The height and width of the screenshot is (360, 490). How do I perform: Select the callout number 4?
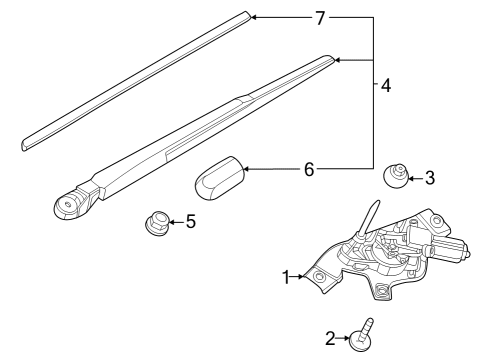(x=385, y=86)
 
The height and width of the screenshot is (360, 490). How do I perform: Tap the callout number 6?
(x=309, y=170)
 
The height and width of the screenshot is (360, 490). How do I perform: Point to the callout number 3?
(x=430, y=178)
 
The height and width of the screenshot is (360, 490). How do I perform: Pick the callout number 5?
(x=190, y=221)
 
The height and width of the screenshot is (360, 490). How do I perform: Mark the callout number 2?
(x=331, y=338)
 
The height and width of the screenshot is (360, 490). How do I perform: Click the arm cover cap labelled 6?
(x=220, y=177)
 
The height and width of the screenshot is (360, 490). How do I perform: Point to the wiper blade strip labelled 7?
(x=130, y=77)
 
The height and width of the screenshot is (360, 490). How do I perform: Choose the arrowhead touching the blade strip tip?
(x=253, y=17)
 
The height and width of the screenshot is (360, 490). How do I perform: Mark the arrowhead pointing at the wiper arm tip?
(x=338, y=61)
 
